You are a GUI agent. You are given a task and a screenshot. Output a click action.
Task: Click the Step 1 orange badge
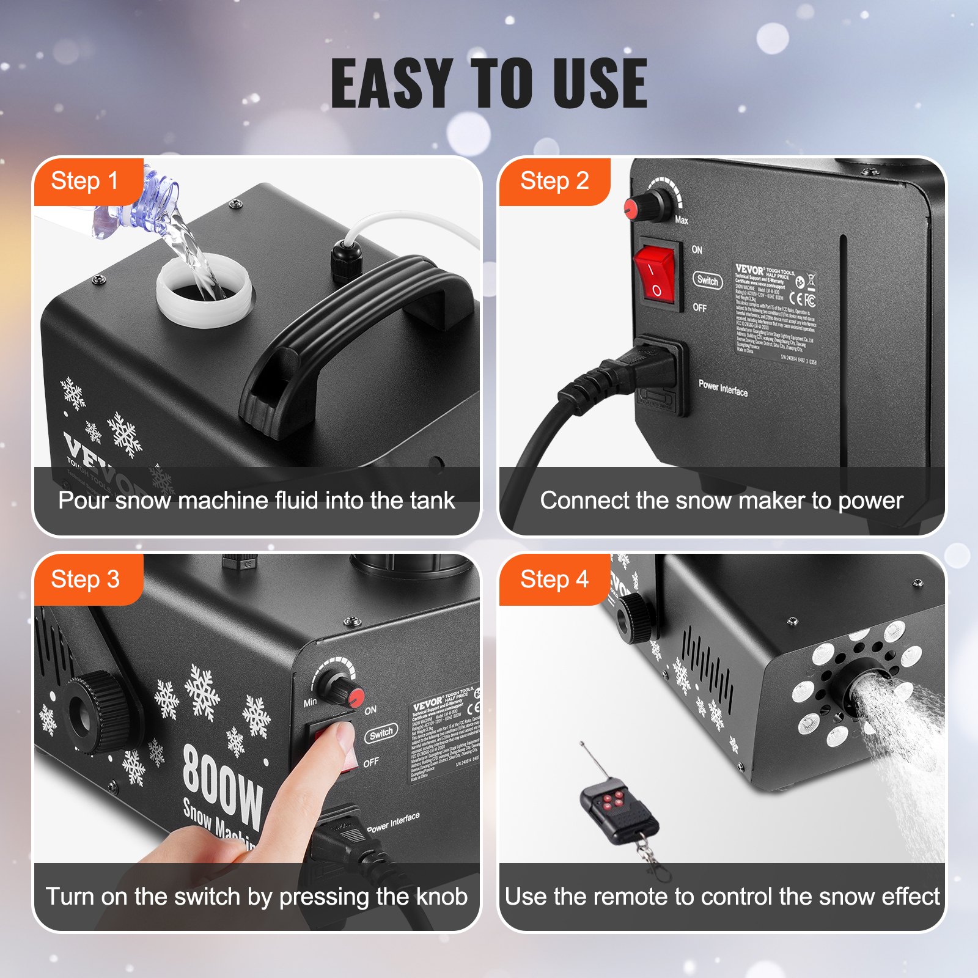85,182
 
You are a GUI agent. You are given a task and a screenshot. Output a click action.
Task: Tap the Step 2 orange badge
554,182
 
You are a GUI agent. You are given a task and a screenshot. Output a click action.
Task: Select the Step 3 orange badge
85,579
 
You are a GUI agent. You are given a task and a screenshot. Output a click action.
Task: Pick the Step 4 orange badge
554,579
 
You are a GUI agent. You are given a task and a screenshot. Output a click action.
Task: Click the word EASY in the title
392,84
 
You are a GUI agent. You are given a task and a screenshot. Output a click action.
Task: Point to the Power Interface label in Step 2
723,388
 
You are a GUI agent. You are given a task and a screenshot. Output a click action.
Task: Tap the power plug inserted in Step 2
636,370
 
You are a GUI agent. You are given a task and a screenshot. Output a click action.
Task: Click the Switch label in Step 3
381,733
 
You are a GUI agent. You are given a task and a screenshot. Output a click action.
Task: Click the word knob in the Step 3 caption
441,897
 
